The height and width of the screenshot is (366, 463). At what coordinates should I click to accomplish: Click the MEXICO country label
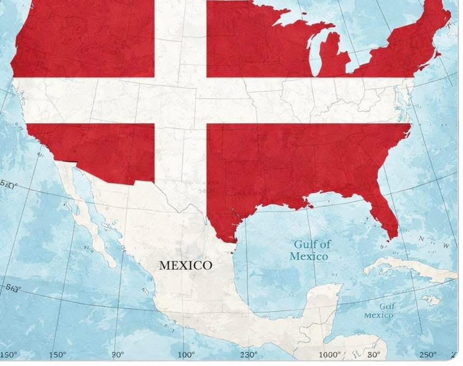pos(185,265)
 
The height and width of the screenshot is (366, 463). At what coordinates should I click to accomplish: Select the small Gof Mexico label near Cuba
pos(379,310)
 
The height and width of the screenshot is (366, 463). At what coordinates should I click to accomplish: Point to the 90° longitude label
pos(118,355)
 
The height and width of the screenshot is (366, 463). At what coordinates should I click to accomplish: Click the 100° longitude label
pos(186,355)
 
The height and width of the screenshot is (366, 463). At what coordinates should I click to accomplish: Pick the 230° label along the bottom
pos(249,355)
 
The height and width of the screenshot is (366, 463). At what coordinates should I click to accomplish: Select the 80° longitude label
pos(374,355)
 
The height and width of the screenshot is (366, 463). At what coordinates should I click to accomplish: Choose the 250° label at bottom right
pos(427,355)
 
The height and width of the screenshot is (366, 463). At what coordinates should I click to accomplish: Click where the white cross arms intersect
pos(180,100)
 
